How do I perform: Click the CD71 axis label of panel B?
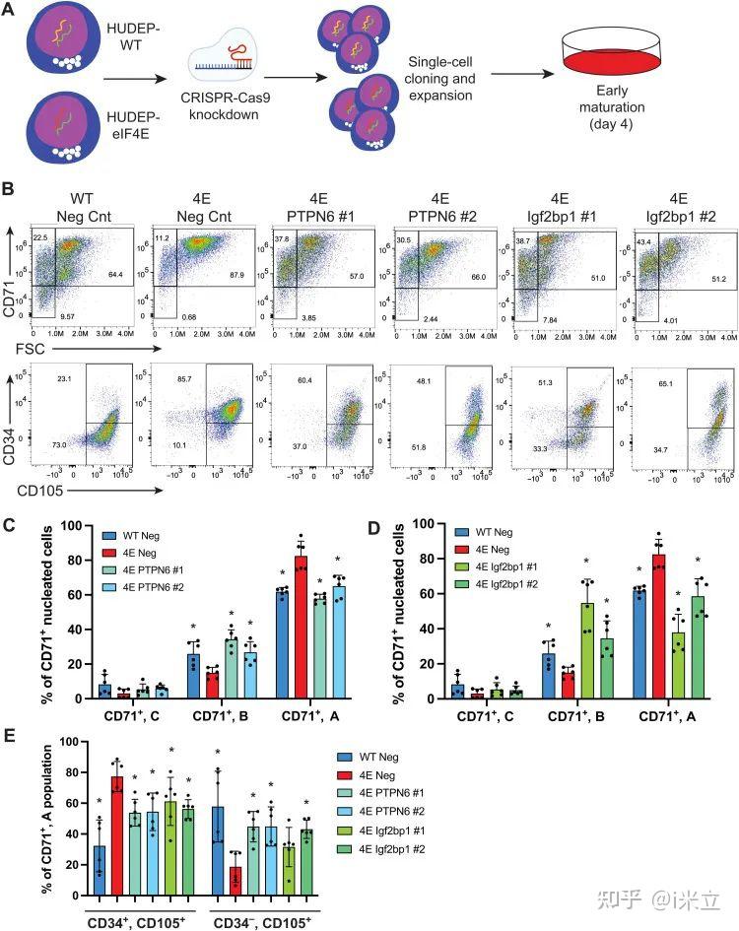[x=15, y=295]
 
